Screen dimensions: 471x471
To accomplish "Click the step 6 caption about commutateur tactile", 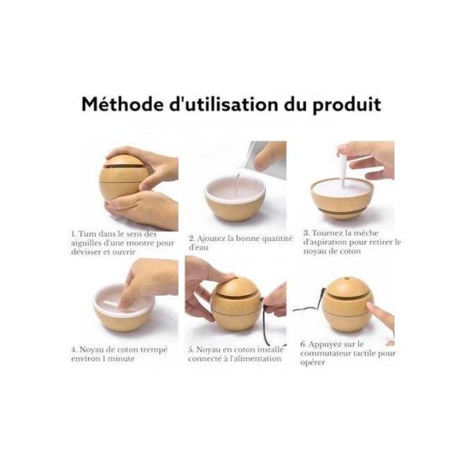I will [x=346, y=354].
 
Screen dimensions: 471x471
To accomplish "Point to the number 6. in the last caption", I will [x=304, y=344].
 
